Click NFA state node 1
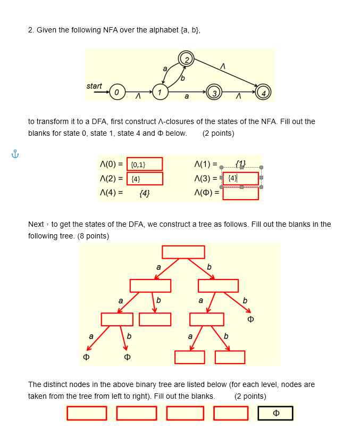coord(158,92)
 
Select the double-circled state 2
coord(187,59)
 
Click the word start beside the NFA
coord(94,86)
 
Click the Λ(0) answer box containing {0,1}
coord(145,164)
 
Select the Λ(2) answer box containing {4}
coord(145,178)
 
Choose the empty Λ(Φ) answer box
coord(240,193)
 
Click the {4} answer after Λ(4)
coord(144,193)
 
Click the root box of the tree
coord(183,252)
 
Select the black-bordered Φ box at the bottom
coord(275,413)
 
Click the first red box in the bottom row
coord(87,413)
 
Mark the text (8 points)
coord(94,236)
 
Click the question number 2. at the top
coord(31,30)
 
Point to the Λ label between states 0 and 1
coord(137,97)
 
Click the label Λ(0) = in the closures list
coord(111,164)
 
